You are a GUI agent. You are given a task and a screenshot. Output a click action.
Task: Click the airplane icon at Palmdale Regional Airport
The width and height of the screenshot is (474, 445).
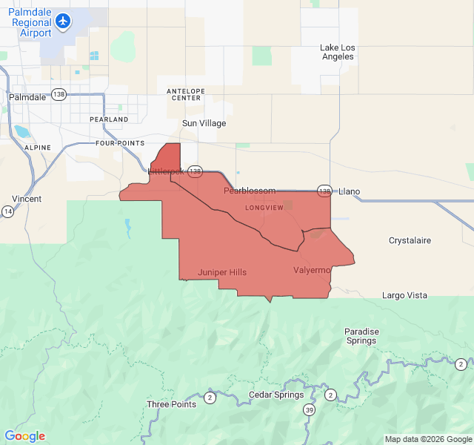click(x=64, y=21)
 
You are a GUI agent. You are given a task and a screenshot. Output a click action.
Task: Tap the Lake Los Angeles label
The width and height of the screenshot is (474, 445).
click(x=338, y=52)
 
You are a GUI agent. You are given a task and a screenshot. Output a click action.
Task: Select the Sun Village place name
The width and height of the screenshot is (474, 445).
click(x=204, y=123)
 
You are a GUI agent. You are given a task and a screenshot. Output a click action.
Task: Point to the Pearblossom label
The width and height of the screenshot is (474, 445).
click(x=250, y=191)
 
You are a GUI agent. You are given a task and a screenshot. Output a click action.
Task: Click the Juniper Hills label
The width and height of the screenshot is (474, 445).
click(x=222, y=272)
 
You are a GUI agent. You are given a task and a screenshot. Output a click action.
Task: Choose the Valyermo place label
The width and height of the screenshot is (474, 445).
click(x=311, y=270)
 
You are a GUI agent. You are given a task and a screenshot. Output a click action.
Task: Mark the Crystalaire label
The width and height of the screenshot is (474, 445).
click(x=410, y=240)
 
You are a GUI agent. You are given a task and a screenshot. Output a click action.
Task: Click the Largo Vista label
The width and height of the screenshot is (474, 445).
click(x=404, y=295)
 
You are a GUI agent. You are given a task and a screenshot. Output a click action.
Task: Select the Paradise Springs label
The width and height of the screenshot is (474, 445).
click(x=361, y=336)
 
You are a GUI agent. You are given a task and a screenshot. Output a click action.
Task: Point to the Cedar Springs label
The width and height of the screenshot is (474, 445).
click(x=276, y=395)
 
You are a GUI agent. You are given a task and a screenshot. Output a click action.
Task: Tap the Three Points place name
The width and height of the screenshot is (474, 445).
click(x=172, y=404)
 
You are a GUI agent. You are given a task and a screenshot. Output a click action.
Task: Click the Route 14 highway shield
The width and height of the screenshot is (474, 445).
click(x=7, y=211)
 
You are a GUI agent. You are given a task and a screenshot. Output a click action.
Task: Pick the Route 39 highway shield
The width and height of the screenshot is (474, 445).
click(x=309, y=410)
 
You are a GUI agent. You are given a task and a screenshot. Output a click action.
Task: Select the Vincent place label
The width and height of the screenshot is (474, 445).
click(x=27, y=199)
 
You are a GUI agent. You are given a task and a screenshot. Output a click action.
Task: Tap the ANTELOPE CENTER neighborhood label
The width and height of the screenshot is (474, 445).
click(x=187, y=94)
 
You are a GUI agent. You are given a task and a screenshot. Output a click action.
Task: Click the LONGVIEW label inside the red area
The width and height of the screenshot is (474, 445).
click(x=264, y=208)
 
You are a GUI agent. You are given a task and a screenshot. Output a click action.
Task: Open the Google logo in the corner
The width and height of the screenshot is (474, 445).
click(x=24, y=436)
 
